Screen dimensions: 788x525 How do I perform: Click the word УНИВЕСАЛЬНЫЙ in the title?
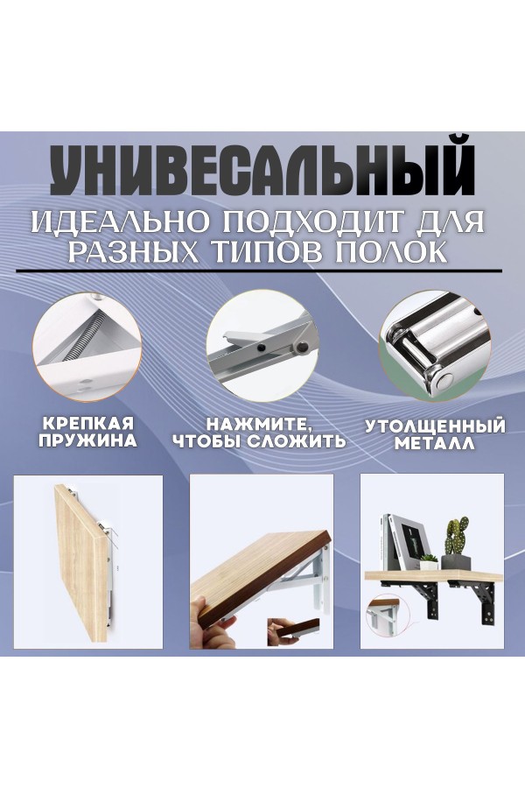tap(262, 169)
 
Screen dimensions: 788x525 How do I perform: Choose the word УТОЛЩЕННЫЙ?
tap(435, 426)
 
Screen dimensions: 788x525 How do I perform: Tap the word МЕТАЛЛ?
tap(435, 444)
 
